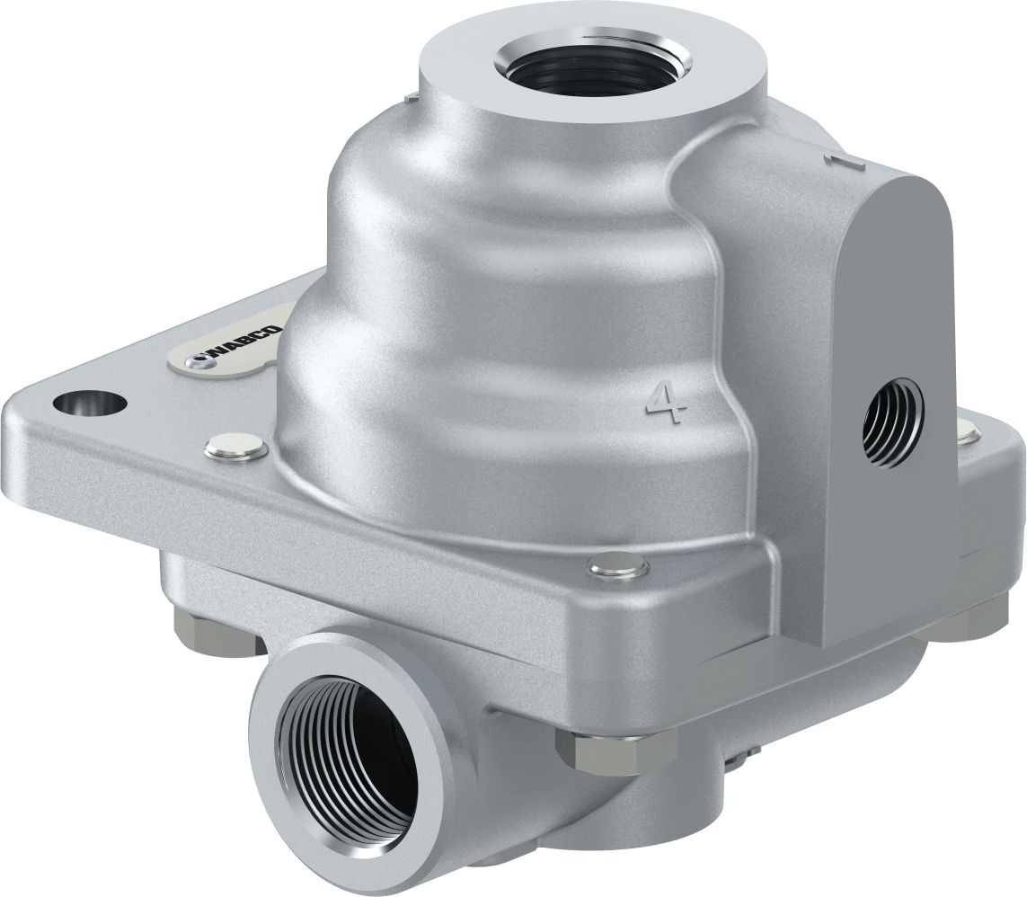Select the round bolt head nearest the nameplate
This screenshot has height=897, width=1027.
pyautogui.click(x=235, y=446)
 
